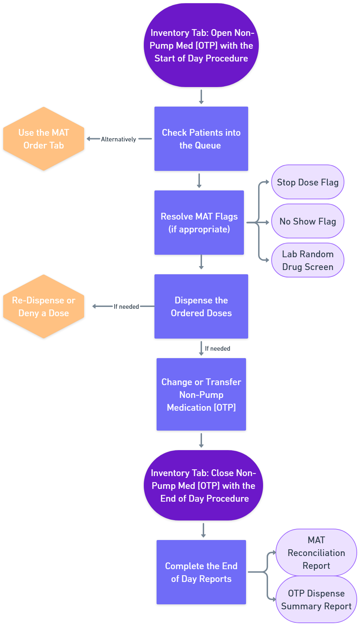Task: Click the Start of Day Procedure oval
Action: point(201,45)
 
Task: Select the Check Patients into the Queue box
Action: point(201,139)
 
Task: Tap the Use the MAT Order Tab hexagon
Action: point(44,139)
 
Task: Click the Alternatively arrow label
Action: point(118,139)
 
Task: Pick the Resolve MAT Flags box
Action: point(199,222)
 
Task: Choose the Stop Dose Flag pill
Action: point(307,182)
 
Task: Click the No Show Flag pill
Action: point(307,221)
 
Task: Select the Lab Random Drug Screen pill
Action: point(307,260)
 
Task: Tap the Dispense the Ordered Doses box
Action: point(201,306)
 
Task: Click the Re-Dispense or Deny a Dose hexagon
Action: point(44,306)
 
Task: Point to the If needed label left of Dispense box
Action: point(126,307)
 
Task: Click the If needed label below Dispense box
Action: point(217,349)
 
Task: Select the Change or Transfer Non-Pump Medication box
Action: point(201,394)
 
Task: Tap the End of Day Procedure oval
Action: point(203,485)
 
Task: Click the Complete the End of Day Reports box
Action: point(201,572)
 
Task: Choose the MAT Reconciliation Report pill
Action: point(316,552)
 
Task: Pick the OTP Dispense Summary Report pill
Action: point(316,599)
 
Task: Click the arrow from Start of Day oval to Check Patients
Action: point(201,97)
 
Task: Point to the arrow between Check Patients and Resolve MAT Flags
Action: point(199,180)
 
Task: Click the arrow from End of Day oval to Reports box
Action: point(203,530)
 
